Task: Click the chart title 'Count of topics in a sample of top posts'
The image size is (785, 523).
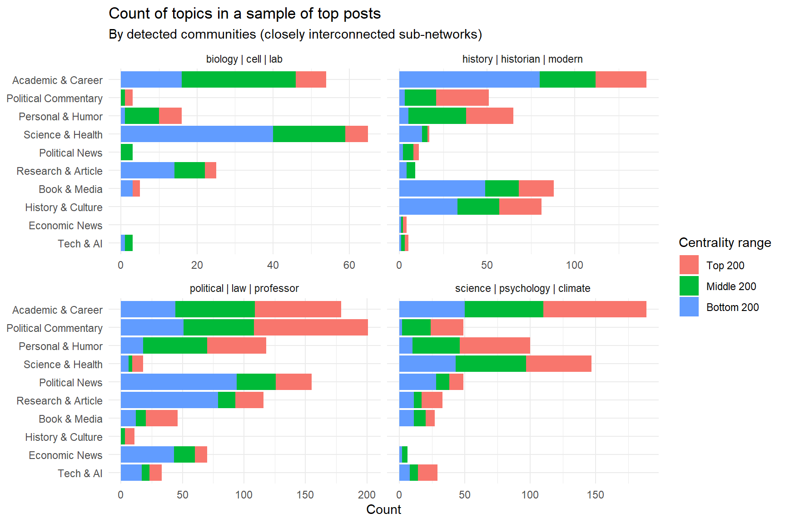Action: (x=244, y=14)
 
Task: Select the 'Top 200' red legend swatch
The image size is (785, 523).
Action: (x=689, y=265)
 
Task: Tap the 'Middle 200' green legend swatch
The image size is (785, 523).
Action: (x=689, y=286)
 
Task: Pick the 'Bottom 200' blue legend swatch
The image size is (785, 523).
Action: (x=689, y=307)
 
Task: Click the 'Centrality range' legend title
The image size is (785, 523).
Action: (x=725, y=243)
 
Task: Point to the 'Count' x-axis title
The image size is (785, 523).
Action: (x=383, y=510)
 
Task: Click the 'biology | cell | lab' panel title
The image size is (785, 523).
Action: (x=244, y=59)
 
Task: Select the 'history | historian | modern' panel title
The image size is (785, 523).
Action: (x=522, y=59)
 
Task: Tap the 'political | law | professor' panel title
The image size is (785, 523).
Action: (x=244, y=289)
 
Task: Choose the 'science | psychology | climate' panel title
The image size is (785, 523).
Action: (x=522, y=289)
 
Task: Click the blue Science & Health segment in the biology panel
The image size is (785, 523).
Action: (x=197, y=134)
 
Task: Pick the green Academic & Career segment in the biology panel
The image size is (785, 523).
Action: (x=238, y=80)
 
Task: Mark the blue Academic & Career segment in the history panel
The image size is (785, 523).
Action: (x=469, y=80)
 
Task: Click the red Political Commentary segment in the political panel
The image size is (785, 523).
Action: (x=311, y=328)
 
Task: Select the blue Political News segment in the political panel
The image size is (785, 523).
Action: (x=179, y=382)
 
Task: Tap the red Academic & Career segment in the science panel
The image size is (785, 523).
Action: (x=595, y=310)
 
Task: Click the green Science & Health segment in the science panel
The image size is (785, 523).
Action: (x=491, y=364)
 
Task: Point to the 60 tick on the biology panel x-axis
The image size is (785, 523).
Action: (x=349, y=266)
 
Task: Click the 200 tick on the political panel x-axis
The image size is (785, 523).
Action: (x=367, y=495)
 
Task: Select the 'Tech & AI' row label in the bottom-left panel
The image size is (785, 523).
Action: (x=80, y=474)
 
